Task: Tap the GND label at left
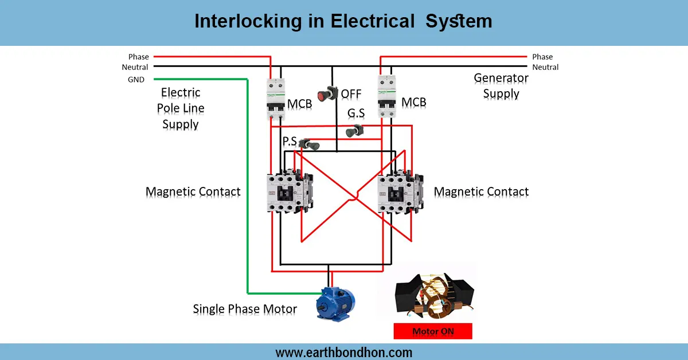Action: (136, 80)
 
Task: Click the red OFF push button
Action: (329, 93)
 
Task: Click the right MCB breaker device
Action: (387, 98)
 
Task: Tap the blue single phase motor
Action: (335, 303)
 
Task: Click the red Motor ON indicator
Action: (433, 331)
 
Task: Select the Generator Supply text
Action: (501, 86)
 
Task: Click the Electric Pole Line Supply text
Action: (181, 108)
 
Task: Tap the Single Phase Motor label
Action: (245, 310)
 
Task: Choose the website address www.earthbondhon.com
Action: (343, 352)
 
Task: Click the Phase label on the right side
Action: (542, 57)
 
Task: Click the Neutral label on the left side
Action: (135, 67)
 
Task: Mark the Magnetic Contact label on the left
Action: (193, 191)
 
